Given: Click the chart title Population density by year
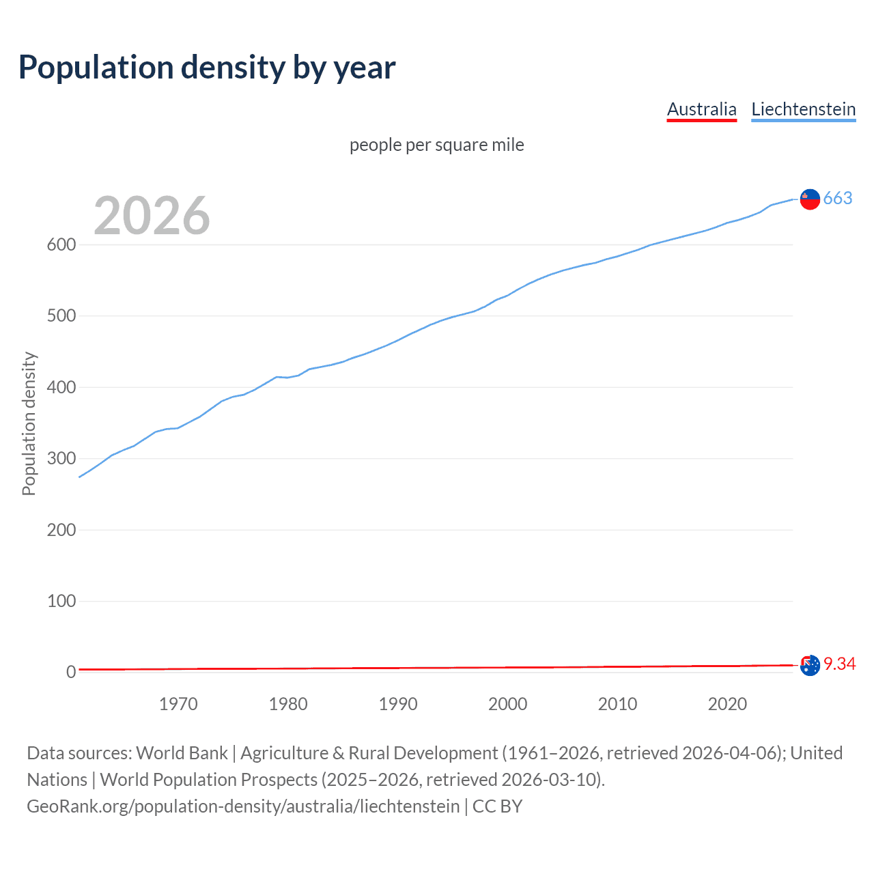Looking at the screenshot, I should pyautogui.click(x=207, y=68).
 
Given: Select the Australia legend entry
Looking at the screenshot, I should pyautogui.click(x=701, y=109).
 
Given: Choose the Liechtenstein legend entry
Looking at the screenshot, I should pyautogui.click(x=803, y=109).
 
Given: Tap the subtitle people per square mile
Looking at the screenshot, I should pyautogui.click(x=436, y=145).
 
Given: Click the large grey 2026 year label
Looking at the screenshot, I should pyautogui.click(x=152, y=216).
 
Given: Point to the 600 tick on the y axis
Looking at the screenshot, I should pyautogui.click(x=61, y=244).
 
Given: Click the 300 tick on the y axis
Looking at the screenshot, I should pyautogui.click(x=61, y=458).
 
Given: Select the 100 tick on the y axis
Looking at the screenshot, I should pyautogui.click(x=61, y=601).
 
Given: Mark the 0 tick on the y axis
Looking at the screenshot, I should pyautogui.click(x=70, y=672).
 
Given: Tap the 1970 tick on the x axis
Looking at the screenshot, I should pyautogui.click(x=178, y=704).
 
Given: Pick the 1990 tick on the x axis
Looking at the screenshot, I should pyautogui.click(x=398, y=704).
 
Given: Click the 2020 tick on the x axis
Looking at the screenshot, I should pyautogui.click(x=727, y=704).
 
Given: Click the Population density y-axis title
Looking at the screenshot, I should pyautogui.click(x=29, y=423).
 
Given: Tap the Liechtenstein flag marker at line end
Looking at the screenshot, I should pyautogui.click(x=810, y=199).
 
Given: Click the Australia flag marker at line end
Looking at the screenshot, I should pyautogui.click(x=810, y=665).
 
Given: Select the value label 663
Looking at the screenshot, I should pyautogui.click(x=838, y=198).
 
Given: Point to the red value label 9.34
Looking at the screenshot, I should pyautogui.click(x=839, y=664).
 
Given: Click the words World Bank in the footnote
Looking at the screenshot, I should pyautogui.click(x=182, y=753).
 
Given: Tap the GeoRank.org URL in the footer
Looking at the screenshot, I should pyautogui.click(x=243, y=806).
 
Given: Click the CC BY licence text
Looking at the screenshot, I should pyautogui.click(x=497, y=806).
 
